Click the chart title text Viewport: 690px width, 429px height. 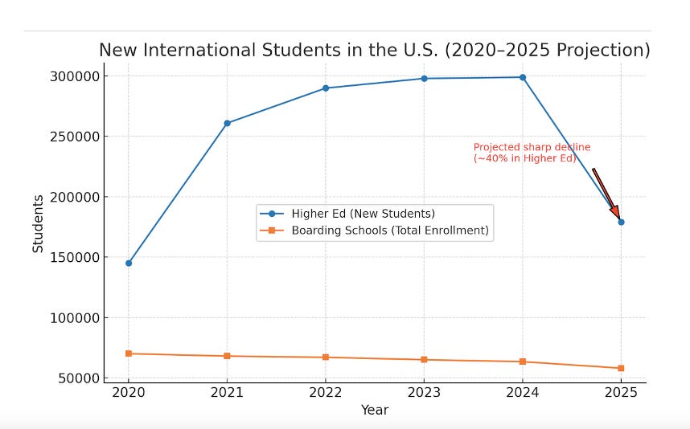point(374,51)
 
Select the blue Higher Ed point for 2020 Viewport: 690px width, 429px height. point(129,263)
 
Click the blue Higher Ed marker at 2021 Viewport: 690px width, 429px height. point(227,123)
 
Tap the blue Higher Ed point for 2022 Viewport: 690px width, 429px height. point(326,88)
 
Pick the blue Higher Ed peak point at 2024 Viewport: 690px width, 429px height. point(523,77)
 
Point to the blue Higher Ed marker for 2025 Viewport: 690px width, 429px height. point(621,222)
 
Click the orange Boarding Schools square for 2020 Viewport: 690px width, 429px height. point(129,353)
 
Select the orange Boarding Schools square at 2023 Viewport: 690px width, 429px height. point(424,359)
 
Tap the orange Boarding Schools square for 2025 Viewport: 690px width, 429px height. point(621,368)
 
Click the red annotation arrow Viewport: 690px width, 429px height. point(606,193)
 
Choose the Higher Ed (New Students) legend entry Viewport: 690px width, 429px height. point(363,214)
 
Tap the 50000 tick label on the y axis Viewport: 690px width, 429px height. point(80,378)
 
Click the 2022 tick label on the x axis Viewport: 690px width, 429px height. point(326,393)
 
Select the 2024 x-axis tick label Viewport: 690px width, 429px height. point(523,393)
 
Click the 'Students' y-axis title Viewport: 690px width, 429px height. point(38,223)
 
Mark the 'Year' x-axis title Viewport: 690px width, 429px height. point(375,411)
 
